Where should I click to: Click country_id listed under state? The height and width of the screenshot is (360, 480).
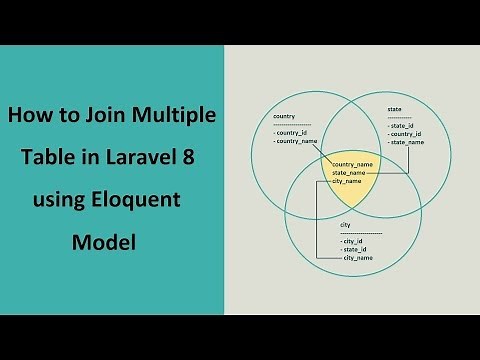tap(406, 133)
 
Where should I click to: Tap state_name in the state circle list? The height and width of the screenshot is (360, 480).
tap(406, 142)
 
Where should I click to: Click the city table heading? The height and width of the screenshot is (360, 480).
tap(345, 225)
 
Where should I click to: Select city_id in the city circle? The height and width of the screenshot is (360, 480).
tap(353, 241)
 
